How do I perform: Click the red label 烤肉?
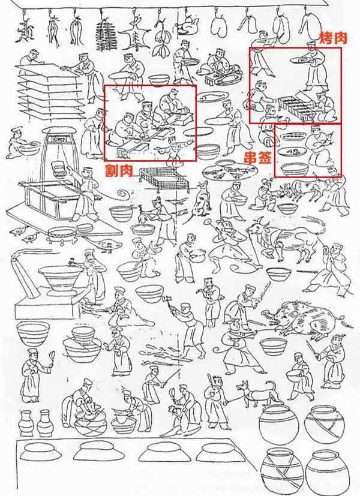[333, 38]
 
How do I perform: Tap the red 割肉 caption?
[119, 170]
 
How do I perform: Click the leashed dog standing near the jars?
[256, 393]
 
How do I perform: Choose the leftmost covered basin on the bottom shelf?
[38, 452]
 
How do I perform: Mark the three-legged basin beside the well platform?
[61, 236]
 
